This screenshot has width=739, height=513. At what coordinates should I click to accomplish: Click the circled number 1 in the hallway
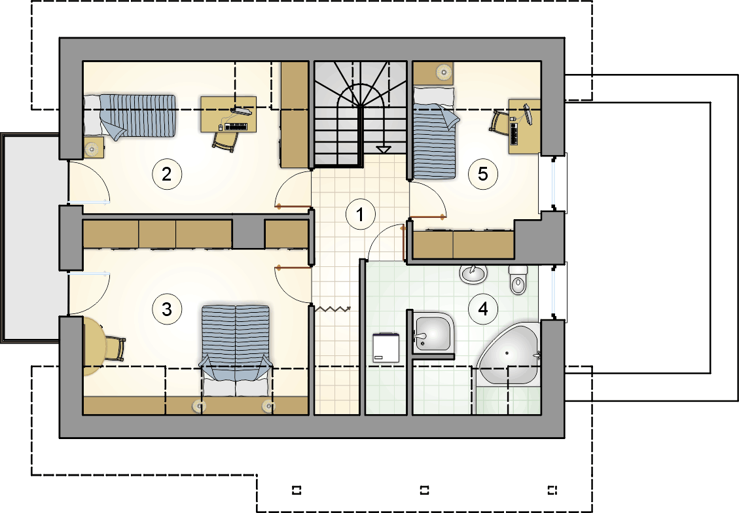[361, 215]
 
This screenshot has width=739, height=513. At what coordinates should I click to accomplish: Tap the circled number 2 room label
[167, 174]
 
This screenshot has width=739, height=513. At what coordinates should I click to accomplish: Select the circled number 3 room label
[167, 310]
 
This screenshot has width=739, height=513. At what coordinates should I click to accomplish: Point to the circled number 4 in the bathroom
[483, 309]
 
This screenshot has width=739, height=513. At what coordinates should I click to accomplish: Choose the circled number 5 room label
[483, 174]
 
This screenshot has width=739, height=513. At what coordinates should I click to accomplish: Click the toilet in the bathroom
[518, 279]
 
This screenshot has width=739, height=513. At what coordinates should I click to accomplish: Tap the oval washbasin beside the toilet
[473, 274]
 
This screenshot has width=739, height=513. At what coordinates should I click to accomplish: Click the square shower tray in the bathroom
[432, 333]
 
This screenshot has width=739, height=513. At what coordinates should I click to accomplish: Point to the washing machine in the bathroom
[386, 347]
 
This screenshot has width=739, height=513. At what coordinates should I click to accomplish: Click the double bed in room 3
[236, 351]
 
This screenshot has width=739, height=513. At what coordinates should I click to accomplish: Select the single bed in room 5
[435, 133]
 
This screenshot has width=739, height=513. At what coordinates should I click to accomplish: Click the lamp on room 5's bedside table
[443, 72]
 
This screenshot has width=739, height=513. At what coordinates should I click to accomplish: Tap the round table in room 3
[94, 346]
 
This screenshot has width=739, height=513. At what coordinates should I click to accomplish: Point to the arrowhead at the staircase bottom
[384, 150]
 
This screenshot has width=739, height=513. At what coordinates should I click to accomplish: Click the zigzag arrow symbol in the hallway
[333, 309]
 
